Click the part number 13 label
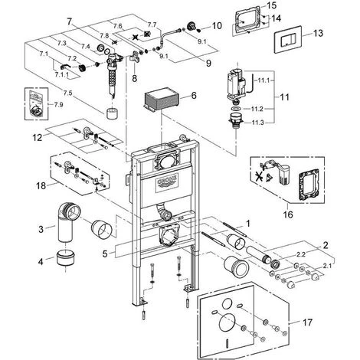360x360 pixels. pyautogui.click(x=318, y=33)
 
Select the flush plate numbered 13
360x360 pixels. pyautogui.click(x=288, y=40)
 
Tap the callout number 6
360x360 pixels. pyautogui.click(x=194, y=96)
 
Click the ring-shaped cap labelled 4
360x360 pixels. pyautogui.click(x=66, y=258)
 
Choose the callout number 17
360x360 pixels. pyautogui.click(x=307, y=322)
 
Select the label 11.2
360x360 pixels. pyautogui.click(x=257, y=109)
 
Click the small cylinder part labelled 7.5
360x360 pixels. pyautogui.click(x=113, y=113)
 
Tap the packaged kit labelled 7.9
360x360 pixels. pyautogui.click(x=36, y=103)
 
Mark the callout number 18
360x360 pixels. pyautogui.click(x=41, y=185)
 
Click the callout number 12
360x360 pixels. pyautogui.click(x=37, y=138)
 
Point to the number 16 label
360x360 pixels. pyautogui.click(x=288, y=214)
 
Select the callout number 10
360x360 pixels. pyautogui.click(x=217, y=25)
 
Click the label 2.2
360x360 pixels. pyautogui.click(x=302, y=254)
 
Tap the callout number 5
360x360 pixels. pyautogui.click(x=105, y=254)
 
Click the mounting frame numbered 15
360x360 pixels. pyautogui.click(x=247, y=21)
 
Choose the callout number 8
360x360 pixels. pyautogui.click(x=134, y=78)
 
